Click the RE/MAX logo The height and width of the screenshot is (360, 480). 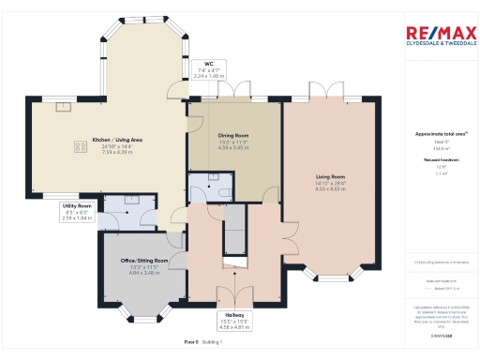coord(438,35)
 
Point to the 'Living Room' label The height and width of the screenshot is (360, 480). coord(330,177)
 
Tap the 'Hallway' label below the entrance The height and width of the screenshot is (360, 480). coord(234,315)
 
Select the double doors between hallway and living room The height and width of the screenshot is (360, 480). coord(284,233)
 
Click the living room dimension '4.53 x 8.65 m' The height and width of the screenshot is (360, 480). coord(330,188)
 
